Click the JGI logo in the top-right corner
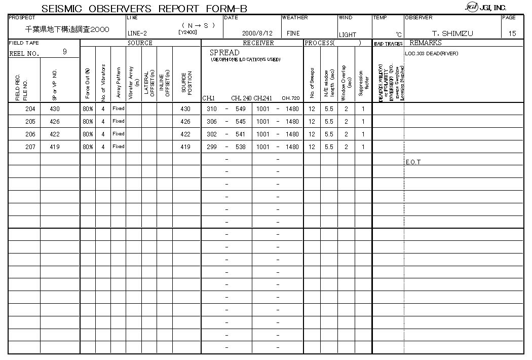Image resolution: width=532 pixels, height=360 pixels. click(472, 7)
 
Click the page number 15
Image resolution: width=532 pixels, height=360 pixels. click(512, 33)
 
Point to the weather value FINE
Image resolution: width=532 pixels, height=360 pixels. click(293, 33)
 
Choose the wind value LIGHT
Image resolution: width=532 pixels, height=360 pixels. click(348, 34)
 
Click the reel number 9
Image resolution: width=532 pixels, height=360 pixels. click(64, 52)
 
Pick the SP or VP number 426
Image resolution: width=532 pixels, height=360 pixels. click(55, 122)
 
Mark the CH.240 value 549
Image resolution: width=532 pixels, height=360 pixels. click(240, 109)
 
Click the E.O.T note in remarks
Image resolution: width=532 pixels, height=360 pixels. click(413, 162)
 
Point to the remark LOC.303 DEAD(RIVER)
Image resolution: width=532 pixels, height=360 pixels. click(432, 53)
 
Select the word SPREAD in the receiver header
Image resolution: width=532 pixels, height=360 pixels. click(224, 53)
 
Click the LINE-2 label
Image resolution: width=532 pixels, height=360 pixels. click(137, 33)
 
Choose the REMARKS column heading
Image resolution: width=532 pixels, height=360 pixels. click(426, 43)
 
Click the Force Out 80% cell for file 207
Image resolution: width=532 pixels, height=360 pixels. click(88, 147)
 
